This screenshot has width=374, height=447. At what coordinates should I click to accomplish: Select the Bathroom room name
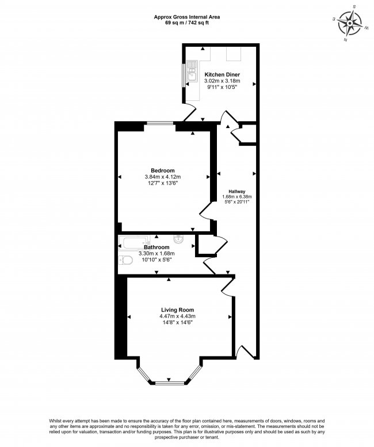pyautogui.click(x=157, y=247)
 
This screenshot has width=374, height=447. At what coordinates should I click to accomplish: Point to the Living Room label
pyautogui.click(x=177, y=310)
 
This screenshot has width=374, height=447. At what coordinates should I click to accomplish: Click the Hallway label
pyautogui.click(x=237, y=191)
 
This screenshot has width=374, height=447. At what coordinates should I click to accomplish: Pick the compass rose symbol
pyautogui.click(x=350, y=22)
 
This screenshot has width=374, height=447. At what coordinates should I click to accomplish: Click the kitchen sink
pyautogui.click(x=192, y=72)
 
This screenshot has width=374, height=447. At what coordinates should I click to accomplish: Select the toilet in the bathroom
pyautogui.click(x=125, y=260)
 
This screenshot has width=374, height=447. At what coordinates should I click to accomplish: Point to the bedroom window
pyautogui.click(x=160, y=123)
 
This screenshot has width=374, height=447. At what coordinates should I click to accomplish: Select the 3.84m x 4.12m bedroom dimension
pyautogui.click(x=163, y=177)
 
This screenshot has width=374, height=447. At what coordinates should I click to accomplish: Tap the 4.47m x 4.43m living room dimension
pyautogui.click(x=177, y=316)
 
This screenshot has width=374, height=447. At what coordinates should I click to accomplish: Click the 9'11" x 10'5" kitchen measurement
pyautogui.click(x=221, y=87)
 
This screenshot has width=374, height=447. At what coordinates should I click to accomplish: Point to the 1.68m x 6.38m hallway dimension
pyautogui.click(x=237, y=197)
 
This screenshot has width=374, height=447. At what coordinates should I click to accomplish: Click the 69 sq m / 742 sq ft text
pyautogui.click(x=187, y=22)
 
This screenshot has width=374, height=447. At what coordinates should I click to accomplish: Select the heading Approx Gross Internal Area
pyautogui.click(x=187, y=17)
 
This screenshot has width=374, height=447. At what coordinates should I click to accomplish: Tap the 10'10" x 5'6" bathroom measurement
pyautogui.click(x=157, y=260)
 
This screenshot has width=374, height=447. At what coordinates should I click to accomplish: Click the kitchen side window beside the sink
pyautogui.click(x=184, y=75)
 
